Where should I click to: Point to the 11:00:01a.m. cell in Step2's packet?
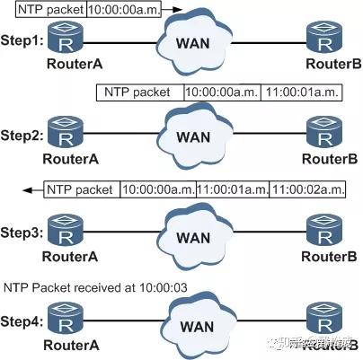[x=297, y=92]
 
